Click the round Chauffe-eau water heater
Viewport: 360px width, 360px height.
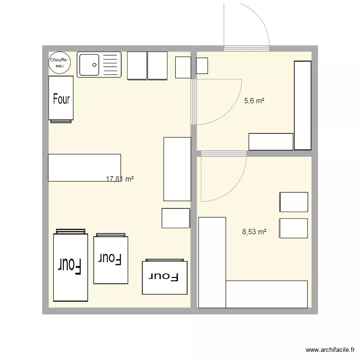(x=60, y=63)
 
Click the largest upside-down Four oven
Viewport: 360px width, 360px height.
(x=71, y=265)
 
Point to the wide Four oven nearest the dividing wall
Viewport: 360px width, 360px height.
(x=164, y=277)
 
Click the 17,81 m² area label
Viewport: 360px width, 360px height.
(x=120, y=179)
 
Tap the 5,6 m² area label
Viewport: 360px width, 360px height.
(x=254, y=101)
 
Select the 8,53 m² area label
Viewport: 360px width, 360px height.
(x=254, y=232)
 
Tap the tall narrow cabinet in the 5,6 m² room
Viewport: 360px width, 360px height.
(x=302, y=105)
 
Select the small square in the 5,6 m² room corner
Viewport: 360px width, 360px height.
(x=202, y=66)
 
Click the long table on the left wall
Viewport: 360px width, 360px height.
(x=84, y=168)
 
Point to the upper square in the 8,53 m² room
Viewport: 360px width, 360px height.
(x=293, y=202)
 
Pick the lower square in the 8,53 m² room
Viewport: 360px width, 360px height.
(x=293, y=228)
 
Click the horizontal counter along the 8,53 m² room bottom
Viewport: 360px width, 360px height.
(x=266, y=294)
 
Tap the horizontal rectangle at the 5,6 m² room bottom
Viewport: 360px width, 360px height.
(x=271, y=142)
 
